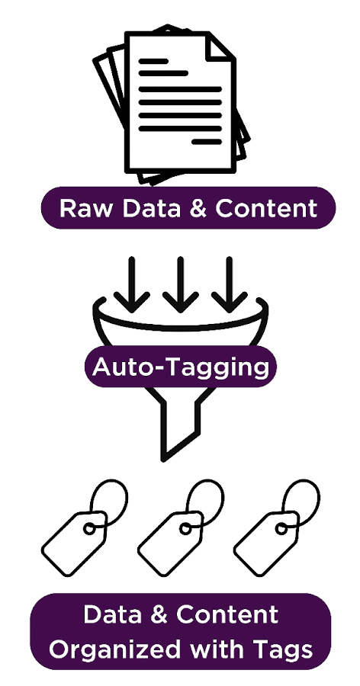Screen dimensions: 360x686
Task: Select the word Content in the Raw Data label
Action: point(266,208)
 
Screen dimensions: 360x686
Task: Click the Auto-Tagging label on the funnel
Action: point(181,367)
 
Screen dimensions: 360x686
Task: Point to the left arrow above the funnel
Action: point(132,284)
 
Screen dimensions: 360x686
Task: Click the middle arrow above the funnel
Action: point(181,284)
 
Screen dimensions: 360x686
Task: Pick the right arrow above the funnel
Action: point(229,284)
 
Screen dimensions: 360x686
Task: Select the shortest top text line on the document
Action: point(153,61)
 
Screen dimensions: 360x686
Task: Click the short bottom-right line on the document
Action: point(207,142)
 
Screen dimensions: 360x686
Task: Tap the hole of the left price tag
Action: point(89,529)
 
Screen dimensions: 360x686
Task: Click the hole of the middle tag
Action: point(185,529)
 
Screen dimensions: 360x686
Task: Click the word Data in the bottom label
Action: point(112,614)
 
